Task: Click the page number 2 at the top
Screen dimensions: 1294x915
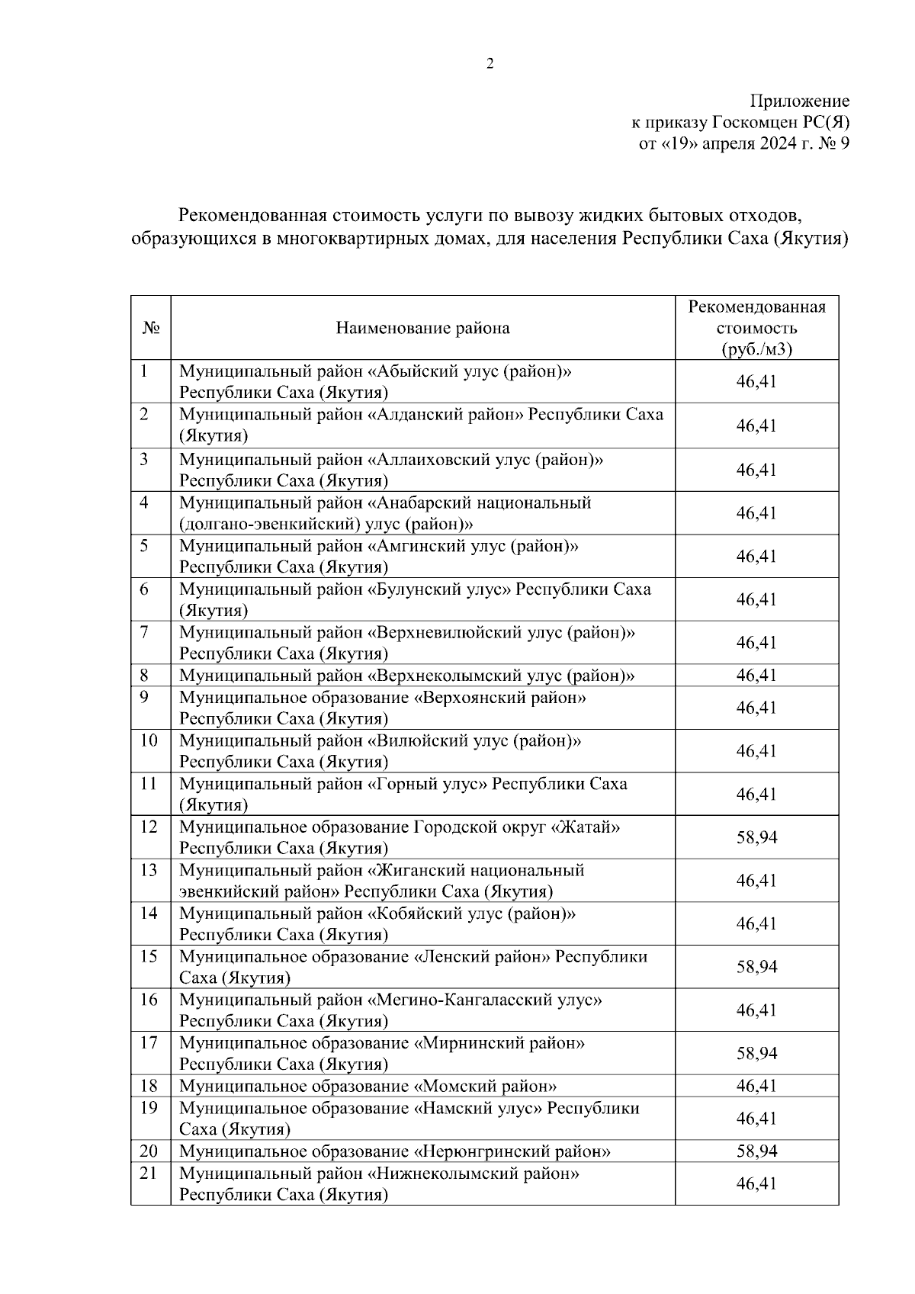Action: tap(490, 64)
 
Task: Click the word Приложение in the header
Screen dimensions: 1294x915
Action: tap(800, 101)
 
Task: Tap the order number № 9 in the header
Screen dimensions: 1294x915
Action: tap(833, 143)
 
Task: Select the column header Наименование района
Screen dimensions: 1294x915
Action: tap(422, 328)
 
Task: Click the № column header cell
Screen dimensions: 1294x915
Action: tap(150, 328)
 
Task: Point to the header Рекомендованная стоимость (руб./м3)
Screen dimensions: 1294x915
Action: tap(756, 328)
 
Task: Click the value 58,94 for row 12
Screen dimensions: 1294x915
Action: tap(756, 837)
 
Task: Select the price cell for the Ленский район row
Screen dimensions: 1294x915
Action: tap(756, 967)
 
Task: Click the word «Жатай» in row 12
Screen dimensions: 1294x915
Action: tap(585, 827)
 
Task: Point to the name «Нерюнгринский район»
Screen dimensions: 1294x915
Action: tap(512, 1151)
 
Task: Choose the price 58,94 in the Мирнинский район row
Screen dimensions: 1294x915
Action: tap(756, 1053)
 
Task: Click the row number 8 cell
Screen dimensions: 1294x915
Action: tap(144, 676)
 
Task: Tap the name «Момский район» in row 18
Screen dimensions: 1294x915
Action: tap(485, 1086)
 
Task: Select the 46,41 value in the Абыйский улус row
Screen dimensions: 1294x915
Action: tap(756, 381)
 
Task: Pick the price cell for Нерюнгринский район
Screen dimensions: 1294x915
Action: tap(756, 1151)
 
